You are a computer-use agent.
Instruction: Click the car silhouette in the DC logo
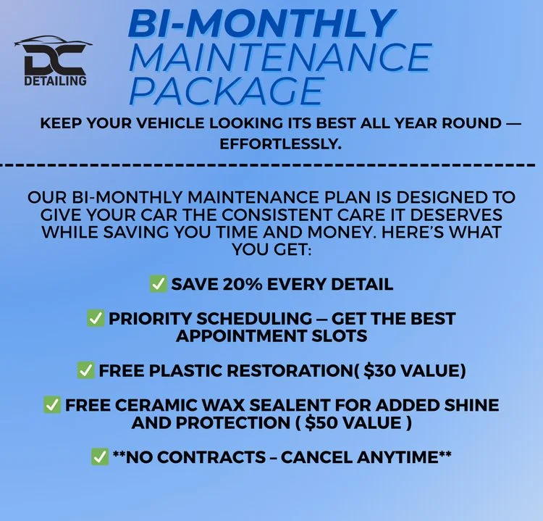(54, 43)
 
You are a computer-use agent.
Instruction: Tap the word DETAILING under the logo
(54, 80)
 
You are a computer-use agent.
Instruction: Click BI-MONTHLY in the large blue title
(262, 23)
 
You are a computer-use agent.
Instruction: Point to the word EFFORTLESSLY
(279, 144)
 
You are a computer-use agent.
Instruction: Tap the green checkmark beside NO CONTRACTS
(100, 457)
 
